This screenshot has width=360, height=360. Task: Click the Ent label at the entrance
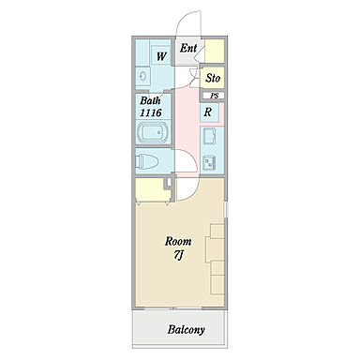tap(188, 48)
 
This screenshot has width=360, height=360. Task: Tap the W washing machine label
tap(161, 56)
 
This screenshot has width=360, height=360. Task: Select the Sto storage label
tap(213, 78)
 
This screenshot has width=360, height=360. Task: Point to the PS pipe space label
tap(215, 96)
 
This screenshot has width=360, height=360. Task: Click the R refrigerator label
tap(208, 112)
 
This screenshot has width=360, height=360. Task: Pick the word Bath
tap(150, 100)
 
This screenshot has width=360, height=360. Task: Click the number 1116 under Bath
tap(151, 112)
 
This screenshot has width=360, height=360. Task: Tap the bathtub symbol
tap(153, 132)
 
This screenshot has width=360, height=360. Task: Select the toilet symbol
tap(147, 161)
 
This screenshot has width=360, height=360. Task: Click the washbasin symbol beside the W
tap(142, 76)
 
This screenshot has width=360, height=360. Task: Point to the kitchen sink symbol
tap(210, 136)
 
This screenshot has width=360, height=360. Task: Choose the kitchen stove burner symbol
tap(210, 163)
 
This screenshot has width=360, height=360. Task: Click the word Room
tap(178, 241)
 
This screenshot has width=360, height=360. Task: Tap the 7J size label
tap(178, 255)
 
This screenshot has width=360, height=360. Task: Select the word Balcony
tap(187, 329)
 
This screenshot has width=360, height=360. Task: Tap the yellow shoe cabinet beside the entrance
tap(215, 51)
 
